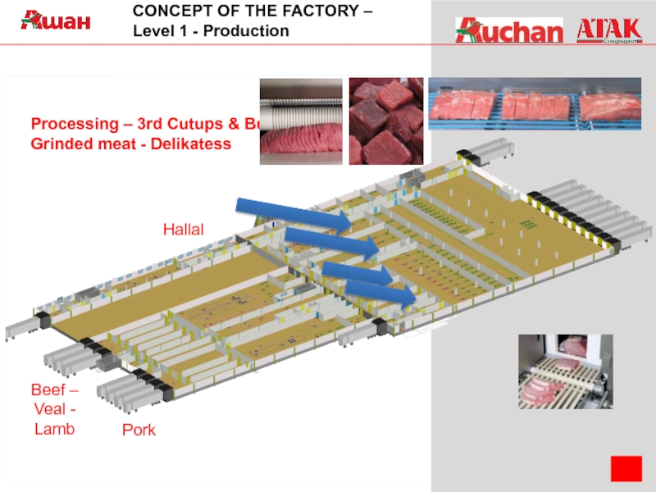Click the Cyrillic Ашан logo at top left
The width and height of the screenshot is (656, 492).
56,20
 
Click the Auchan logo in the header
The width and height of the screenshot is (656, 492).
509,30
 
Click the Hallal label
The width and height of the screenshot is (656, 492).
183,230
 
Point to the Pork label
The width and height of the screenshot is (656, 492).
139,430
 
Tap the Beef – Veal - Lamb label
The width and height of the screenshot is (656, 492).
55,408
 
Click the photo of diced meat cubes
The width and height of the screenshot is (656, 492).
385,121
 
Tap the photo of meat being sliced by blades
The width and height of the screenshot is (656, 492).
300,121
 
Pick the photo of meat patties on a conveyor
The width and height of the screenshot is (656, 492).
565,371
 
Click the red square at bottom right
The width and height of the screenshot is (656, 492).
626,467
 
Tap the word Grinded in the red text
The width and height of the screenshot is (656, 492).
60,143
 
